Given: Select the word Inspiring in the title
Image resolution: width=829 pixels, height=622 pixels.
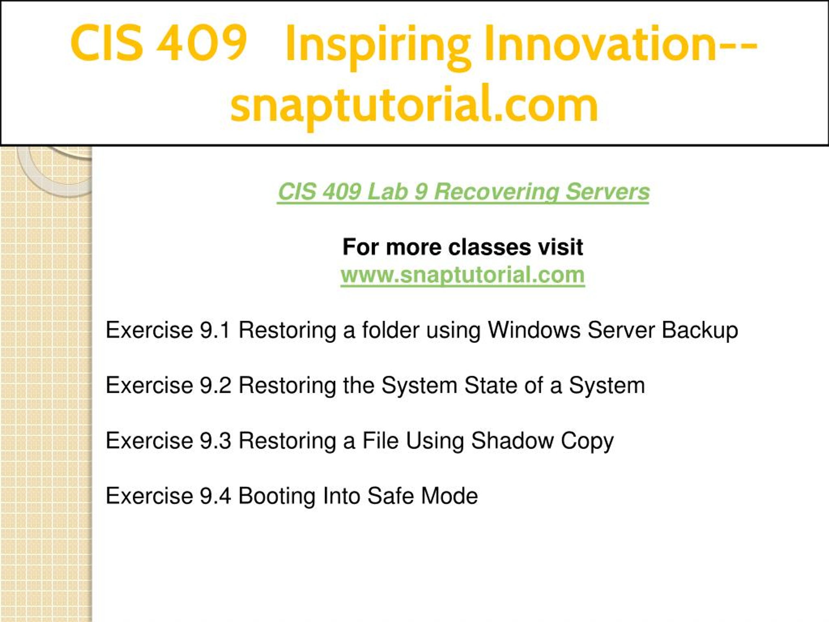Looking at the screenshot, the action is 377,47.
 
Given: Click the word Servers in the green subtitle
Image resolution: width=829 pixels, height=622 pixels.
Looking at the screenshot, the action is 607,192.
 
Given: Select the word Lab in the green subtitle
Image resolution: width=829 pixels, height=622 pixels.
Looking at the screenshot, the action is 387,192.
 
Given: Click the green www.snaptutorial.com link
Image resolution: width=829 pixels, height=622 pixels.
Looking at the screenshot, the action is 462,275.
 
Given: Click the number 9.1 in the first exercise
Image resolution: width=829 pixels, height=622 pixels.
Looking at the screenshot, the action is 215,330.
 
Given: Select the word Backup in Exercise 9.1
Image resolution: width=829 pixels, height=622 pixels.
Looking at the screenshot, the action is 700,331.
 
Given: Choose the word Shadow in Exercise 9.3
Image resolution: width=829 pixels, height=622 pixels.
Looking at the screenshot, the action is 512,441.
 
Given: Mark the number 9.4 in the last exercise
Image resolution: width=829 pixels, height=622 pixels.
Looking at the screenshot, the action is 215,496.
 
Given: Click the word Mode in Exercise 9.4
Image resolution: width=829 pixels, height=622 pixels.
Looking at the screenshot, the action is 449,496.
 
